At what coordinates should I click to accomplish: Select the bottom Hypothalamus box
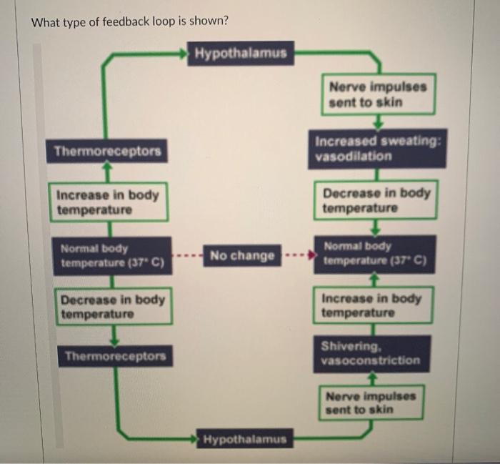[244, 439]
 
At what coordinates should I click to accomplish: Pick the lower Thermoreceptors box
[114, 356]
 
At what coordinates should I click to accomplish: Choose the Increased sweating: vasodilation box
[378, 149]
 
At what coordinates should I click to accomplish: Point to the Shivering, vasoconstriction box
[370, 353]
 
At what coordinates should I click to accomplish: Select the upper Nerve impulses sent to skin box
[378, 94]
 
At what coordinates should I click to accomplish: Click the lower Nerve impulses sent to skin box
[370, 403]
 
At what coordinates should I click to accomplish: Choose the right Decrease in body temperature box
[376, 201]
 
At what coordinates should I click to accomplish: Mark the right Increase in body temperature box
[371, 305]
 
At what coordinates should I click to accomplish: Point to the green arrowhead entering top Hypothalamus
[188, 52]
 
